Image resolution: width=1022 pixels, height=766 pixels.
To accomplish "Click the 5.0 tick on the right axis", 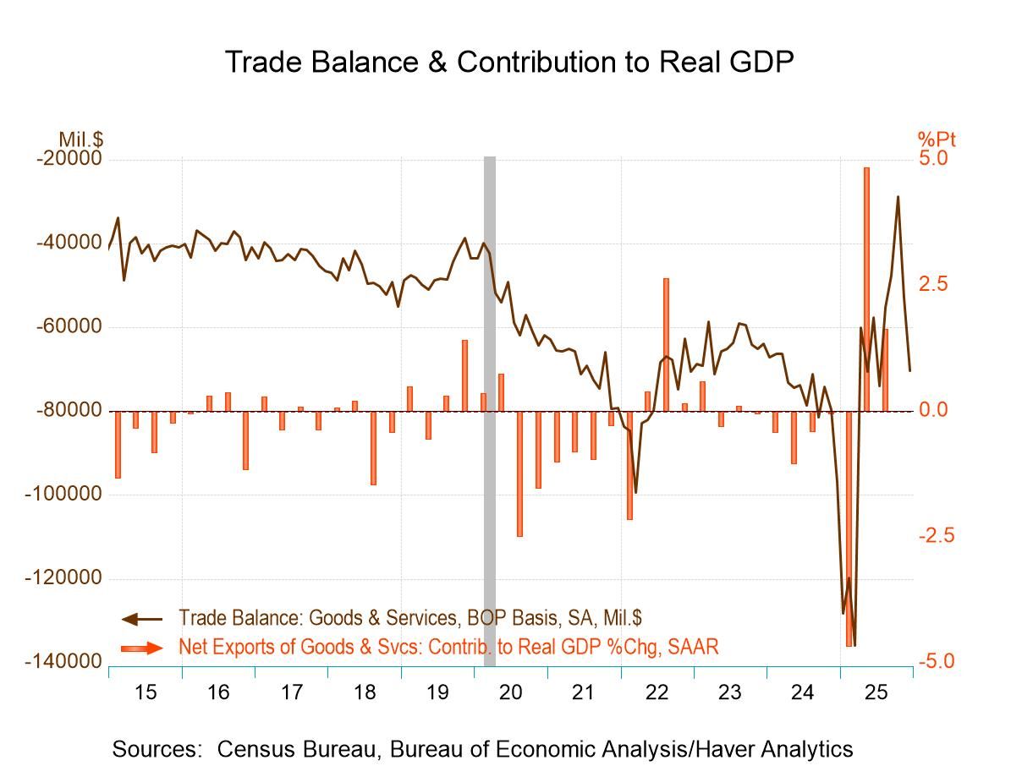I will [936, 159].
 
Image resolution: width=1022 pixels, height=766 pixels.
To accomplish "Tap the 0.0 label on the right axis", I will [936, 410].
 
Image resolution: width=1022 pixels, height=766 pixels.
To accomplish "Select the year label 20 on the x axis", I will [510, 692].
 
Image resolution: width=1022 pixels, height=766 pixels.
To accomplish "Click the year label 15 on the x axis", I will [146, 692].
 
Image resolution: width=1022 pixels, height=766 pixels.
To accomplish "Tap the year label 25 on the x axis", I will [876, 692].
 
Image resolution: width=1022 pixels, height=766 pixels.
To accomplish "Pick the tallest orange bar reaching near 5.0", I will [867, 287].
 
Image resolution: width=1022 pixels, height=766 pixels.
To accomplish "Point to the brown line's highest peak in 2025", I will [898, 197].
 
